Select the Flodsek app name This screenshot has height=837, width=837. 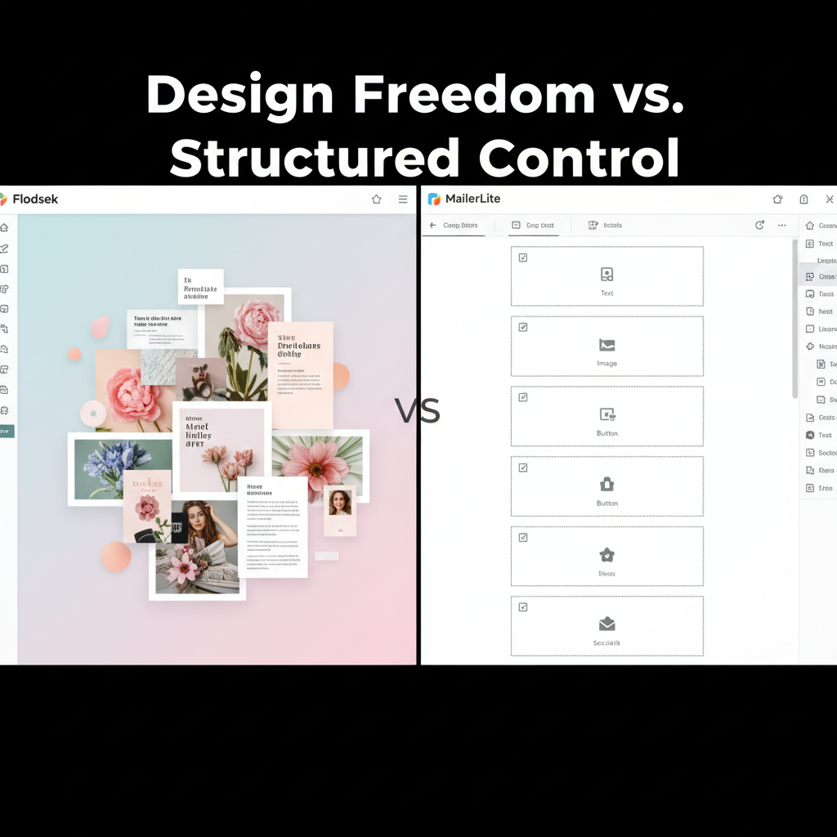point(35,199)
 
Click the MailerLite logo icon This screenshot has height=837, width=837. point(434,199)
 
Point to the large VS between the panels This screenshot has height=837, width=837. point(418,410)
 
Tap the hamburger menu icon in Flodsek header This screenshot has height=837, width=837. point(403,199)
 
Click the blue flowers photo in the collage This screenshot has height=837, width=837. point(120,468)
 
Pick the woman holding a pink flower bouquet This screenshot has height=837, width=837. point(199,545)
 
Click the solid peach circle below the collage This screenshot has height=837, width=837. point(116,557)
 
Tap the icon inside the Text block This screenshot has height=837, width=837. point(606,275)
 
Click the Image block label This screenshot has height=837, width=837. point(606,364)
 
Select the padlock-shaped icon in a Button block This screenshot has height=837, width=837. point(607,484)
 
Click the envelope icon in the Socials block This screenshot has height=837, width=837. point(606,624)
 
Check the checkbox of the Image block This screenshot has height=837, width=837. point(523,328)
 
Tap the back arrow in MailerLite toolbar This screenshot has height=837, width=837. point(432,226)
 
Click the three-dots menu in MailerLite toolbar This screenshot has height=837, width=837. point(782,226)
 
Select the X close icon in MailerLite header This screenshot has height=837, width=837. point(830,199)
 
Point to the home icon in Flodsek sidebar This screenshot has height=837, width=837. point(4,228)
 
